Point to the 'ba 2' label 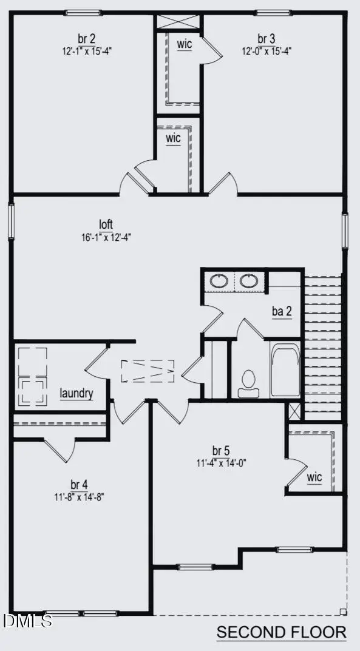tap(282, 312)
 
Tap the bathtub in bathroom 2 tap(285, 371)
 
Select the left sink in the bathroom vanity tap(219, 282)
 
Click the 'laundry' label tap(76, 394)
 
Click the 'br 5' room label tap(221, 451)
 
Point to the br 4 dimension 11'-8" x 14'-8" tap(80, 496)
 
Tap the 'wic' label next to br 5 tap(314, 477)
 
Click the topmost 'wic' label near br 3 tap(185, 45)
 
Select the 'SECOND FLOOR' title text tap(282, 632)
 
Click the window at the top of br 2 tap(84, 13)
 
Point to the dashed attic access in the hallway tap(148, 371)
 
